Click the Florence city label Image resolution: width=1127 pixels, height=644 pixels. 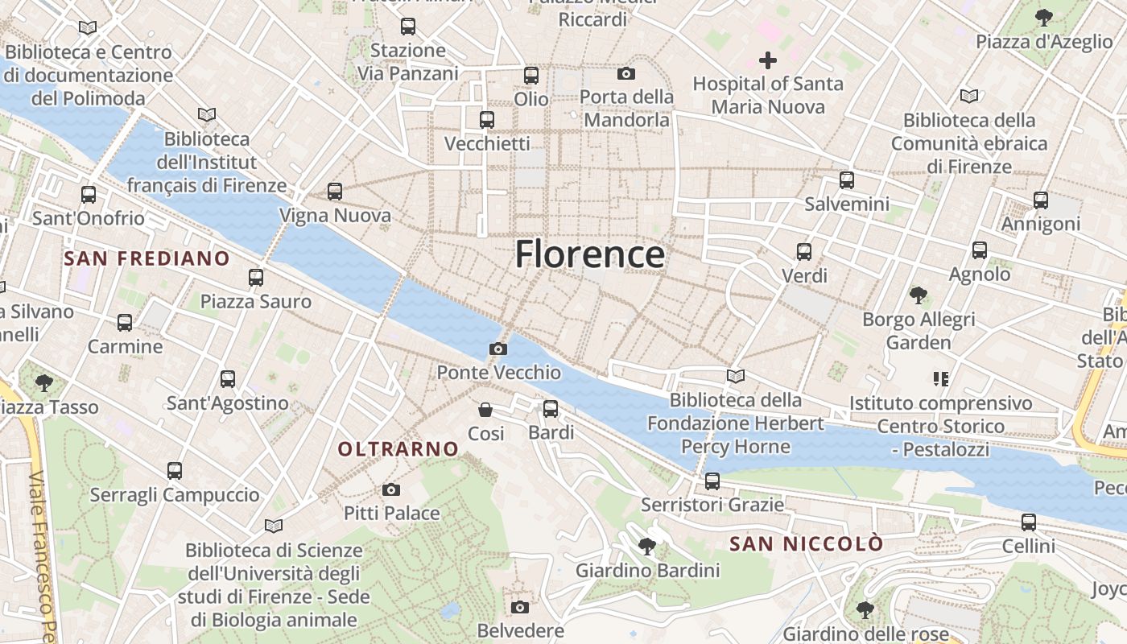(589, 254)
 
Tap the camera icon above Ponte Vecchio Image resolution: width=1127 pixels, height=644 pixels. (498, 349)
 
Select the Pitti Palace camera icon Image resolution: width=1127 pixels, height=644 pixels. (390, 489)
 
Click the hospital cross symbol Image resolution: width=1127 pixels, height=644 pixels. (767, 60)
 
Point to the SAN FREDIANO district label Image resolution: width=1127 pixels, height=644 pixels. (147, 258)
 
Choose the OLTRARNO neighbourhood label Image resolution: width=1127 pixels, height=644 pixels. (398, 449)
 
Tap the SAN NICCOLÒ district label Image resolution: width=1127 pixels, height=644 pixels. (806, 544)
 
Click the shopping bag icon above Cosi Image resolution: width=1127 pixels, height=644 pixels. (485, 410)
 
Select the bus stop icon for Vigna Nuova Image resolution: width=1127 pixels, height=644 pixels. (335, 192)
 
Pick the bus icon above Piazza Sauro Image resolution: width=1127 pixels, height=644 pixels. (256, 278)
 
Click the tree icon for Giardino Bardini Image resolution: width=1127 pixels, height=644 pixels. (646, 547)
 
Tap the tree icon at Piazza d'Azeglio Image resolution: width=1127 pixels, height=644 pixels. (1043, 17)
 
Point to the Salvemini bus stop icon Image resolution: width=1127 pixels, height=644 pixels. (846, 180)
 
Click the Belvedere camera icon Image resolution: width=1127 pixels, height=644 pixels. (520, 606)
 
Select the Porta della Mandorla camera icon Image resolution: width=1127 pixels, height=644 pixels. (626, 74)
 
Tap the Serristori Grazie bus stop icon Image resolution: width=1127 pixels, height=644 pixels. (712, 481)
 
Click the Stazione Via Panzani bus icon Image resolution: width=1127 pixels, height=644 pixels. (407, 27)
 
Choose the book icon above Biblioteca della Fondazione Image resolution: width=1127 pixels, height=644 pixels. (735, 376)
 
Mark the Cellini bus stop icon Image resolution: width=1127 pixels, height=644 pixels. (1028, 522)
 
